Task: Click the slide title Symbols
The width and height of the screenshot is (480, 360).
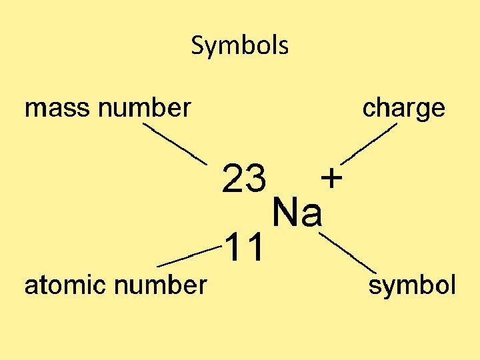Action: coord(239,46)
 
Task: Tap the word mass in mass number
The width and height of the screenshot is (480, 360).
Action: coord(53,107)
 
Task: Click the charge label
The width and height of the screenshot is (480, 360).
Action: coord(403,108)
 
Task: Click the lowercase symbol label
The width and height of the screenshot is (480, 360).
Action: coord(412,287)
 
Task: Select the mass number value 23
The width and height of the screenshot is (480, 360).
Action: coord(245,178)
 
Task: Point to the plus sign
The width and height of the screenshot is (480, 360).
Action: coord(331,178)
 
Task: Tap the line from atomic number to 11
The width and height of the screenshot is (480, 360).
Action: coord(189,255)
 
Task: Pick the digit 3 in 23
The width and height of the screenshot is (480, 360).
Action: coord(256,178)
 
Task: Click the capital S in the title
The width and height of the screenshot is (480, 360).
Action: coord(197,46)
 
